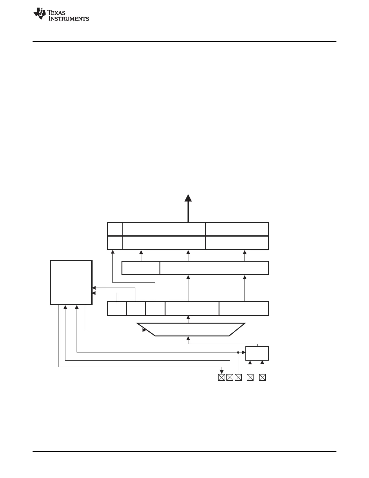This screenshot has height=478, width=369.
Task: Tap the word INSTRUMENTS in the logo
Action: pyautogui.click(x=69, y=19)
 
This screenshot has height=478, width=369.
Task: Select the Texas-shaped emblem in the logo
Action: pyautogui.click(x=40, y=14)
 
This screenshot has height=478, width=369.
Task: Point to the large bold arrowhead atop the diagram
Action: pyautogui.click(x=188, y=198)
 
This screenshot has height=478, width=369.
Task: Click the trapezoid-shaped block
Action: pyautogui.click(x=191, y=329)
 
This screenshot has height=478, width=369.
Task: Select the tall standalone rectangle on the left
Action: pyautogui.click(x=71, y=282)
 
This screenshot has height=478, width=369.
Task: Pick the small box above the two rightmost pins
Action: pyautogui.click(x=257, y=353)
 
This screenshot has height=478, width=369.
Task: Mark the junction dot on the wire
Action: pyautogui.click(x=238, y=352)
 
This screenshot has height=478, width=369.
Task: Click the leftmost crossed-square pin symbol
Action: pyautogui.click(x=221, y=377)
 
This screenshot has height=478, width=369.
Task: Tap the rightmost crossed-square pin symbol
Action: pyautogui.click(x=262, y=377)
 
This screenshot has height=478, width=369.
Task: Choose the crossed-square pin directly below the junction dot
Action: pyautogui.click(x=238, y=377)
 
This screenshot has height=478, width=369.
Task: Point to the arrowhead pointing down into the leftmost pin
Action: pyautogui.click(x=222, y=372)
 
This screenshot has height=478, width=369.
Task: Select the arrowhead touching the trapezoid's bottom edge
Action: pyautogui.click(x=188, y=338)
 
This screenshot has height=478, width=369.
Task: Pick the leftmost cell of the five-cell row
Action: pyautogui.click(x=117, y=308)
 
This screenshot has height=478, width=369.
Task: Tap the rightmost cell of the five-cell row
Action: pyautogui.click(x=244, y=308)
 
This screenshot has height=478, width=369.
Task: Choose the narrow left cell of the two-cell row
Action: pyautogui.click(x=141, y=268)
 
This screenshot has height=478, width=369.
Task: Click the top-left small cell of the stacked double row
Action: pyautogui.click(x=115, y=229)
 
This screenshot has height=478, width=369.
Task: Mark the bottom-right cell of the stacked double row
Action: pyautogui.click(x=237, y=243)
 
